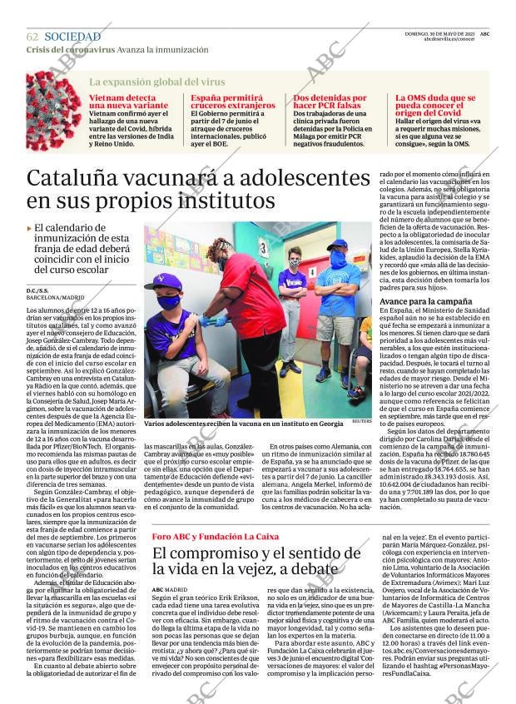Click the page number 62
coord(32,37)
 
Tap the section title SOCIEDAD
coord(72,37)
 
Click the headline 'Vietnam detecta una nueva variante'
coord(127,102)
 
